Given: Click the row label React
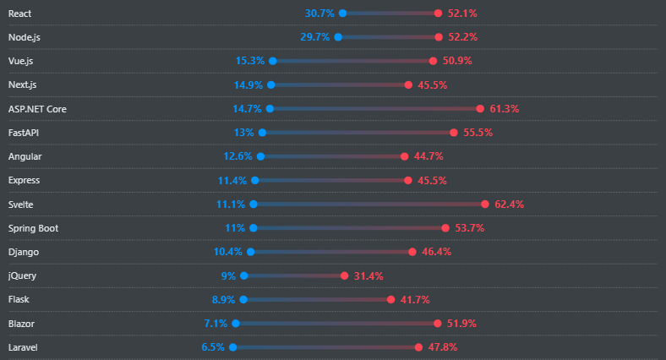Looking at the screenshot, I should coord(21,14).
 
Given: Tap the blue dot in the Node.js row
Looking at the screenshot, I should coord(338,37).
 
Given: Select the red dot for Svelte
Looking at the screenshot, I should coord(485,204).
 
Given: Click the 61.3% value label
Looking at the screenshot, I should coord(504,109).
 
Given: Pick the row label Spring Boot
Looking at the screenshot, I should coord(33,228).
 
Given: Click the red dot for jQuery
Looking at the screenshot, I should coord(345,275).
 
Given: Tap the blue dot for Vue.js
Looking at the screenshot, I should coord(272,61).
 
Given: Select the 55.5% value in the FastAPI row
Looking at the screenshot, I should coord(478,133).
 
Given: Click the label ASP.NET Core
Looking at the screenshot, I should coord(36,109).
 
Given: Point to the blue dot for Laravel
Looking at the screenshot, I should coord(232,347).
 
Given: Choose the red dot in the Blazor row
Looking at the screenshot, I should coord(438,324).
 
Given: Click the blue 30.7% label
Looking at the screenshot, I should coord(319,14).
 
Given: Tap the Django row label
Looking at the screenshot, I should coord(24,252).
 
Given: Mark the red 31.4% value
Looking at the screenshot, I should coord(368,275).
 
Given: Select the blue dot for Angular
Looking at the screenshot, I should coord(260,156).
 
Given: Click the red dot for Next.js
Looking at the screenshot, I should coord(408,85).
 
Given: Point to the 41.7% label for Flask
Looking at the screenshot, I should coord(415,299).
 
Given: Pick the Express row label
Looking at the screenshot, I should coord(25,180).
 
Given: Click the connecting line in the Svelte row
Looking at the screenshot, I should coord(368,204).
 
